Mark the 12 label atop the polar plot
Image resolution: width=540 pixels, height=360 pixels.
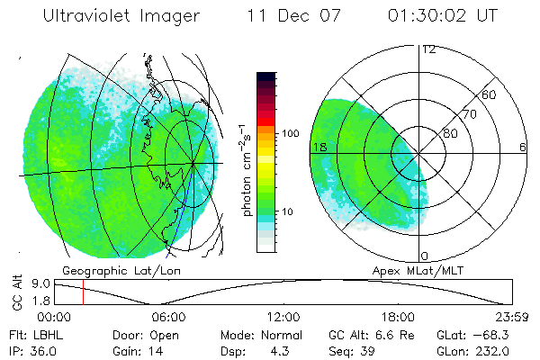click(x=428, y=49)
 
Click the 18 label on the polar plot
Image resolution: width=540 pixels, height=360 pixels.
click(x=318, y=147)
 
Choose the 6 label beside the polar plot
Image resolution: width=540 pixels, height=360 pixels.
click(x=522, y=147)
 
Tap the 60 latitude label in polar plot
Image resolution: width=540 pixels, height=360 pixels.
click(x=490, y=94)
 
